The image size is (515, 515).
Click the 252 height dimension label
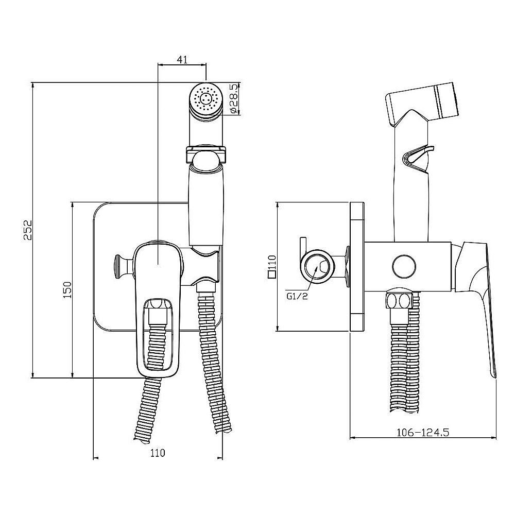pyautogui.click(x=28, y=230)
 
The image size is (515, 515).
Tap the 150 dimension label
pyautogui.click(x=67, y=289)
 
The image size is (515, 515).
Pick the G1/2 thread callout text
pyautogui.click(x=297, y=297)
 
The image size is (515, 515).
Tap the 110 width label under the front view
pyautogui.click(x=158, y=453)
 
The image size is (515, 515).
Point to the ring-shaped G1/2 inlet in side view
pyautogui.click(x=318, y=267)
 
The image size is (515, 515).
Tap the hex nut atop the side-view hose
pyautogui.click(x=399, y=300)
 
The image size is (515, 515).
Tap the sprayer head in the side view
pyautogui.click(x=422, y=104)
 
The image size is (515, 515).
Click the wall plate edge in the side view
pyautogui.click(x=357, y=266)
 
